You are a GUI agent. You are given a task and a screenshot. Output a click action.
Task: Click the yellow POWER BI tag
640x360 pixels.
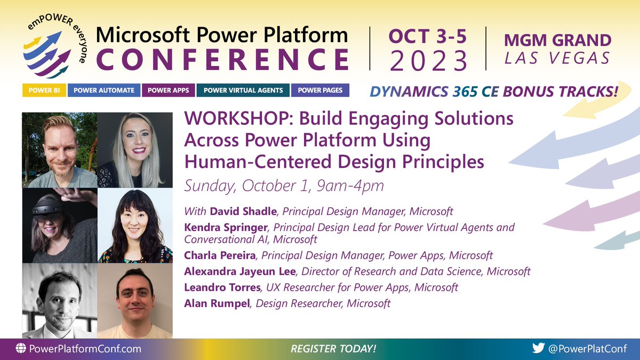[x=44, y=91]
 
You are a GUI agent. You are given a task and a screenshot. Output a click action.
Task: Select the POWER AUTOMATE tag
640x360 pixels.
[x=104, y=91]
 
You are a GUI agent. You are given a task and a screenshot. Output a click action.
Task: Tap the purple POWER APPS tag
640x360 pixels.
[x=169, y=91]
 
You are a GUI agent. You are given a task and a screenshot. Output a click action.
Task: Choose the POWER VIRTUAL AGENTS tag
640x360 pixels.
[x=243, y=91]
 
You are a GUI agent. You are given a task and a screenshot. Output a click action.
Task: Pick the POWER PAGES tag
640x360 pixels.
[x=320, y=91]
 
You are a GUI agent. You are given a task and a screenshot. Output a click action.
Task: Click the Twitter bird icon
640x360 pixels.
[x=538, y=348]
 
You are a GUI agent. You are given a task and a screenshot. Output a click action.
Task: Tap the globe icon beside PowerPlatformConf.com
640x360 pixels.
[x=21, y=349]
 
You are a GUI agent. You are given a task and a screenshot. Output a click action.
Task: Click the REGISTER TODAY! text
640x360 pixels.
[x=333, y=349]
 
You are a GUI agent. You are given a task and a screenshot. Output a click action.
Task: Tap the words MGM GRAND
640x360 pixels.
[x=557, y=40]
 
